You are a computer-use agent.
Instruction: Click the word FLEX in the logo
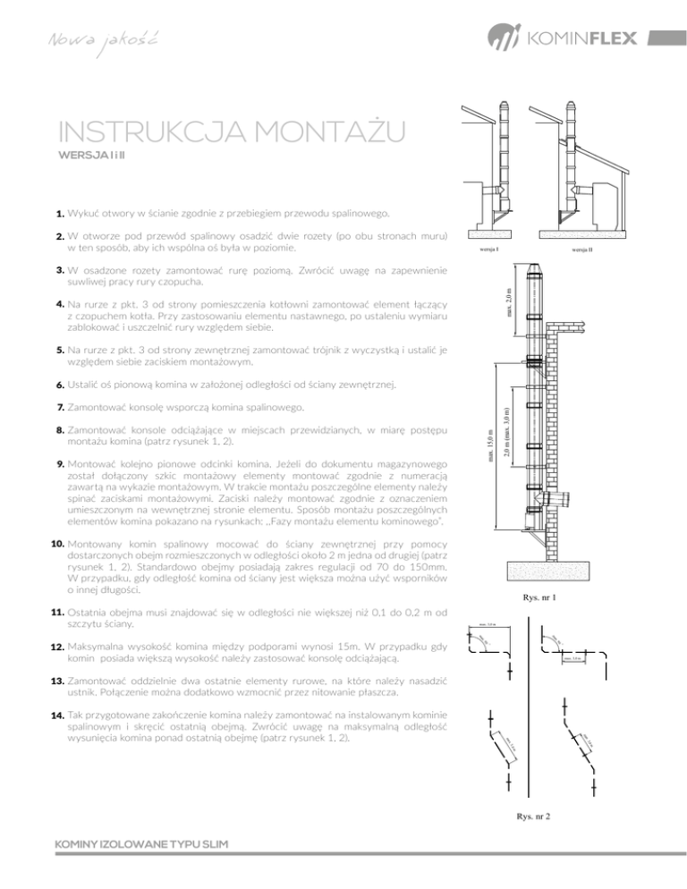[x=610, y=40]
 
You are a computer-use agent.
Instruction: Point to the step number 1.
[x=57, y=215]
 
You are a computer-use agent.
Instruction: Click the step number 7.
[x=57, y=408]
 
